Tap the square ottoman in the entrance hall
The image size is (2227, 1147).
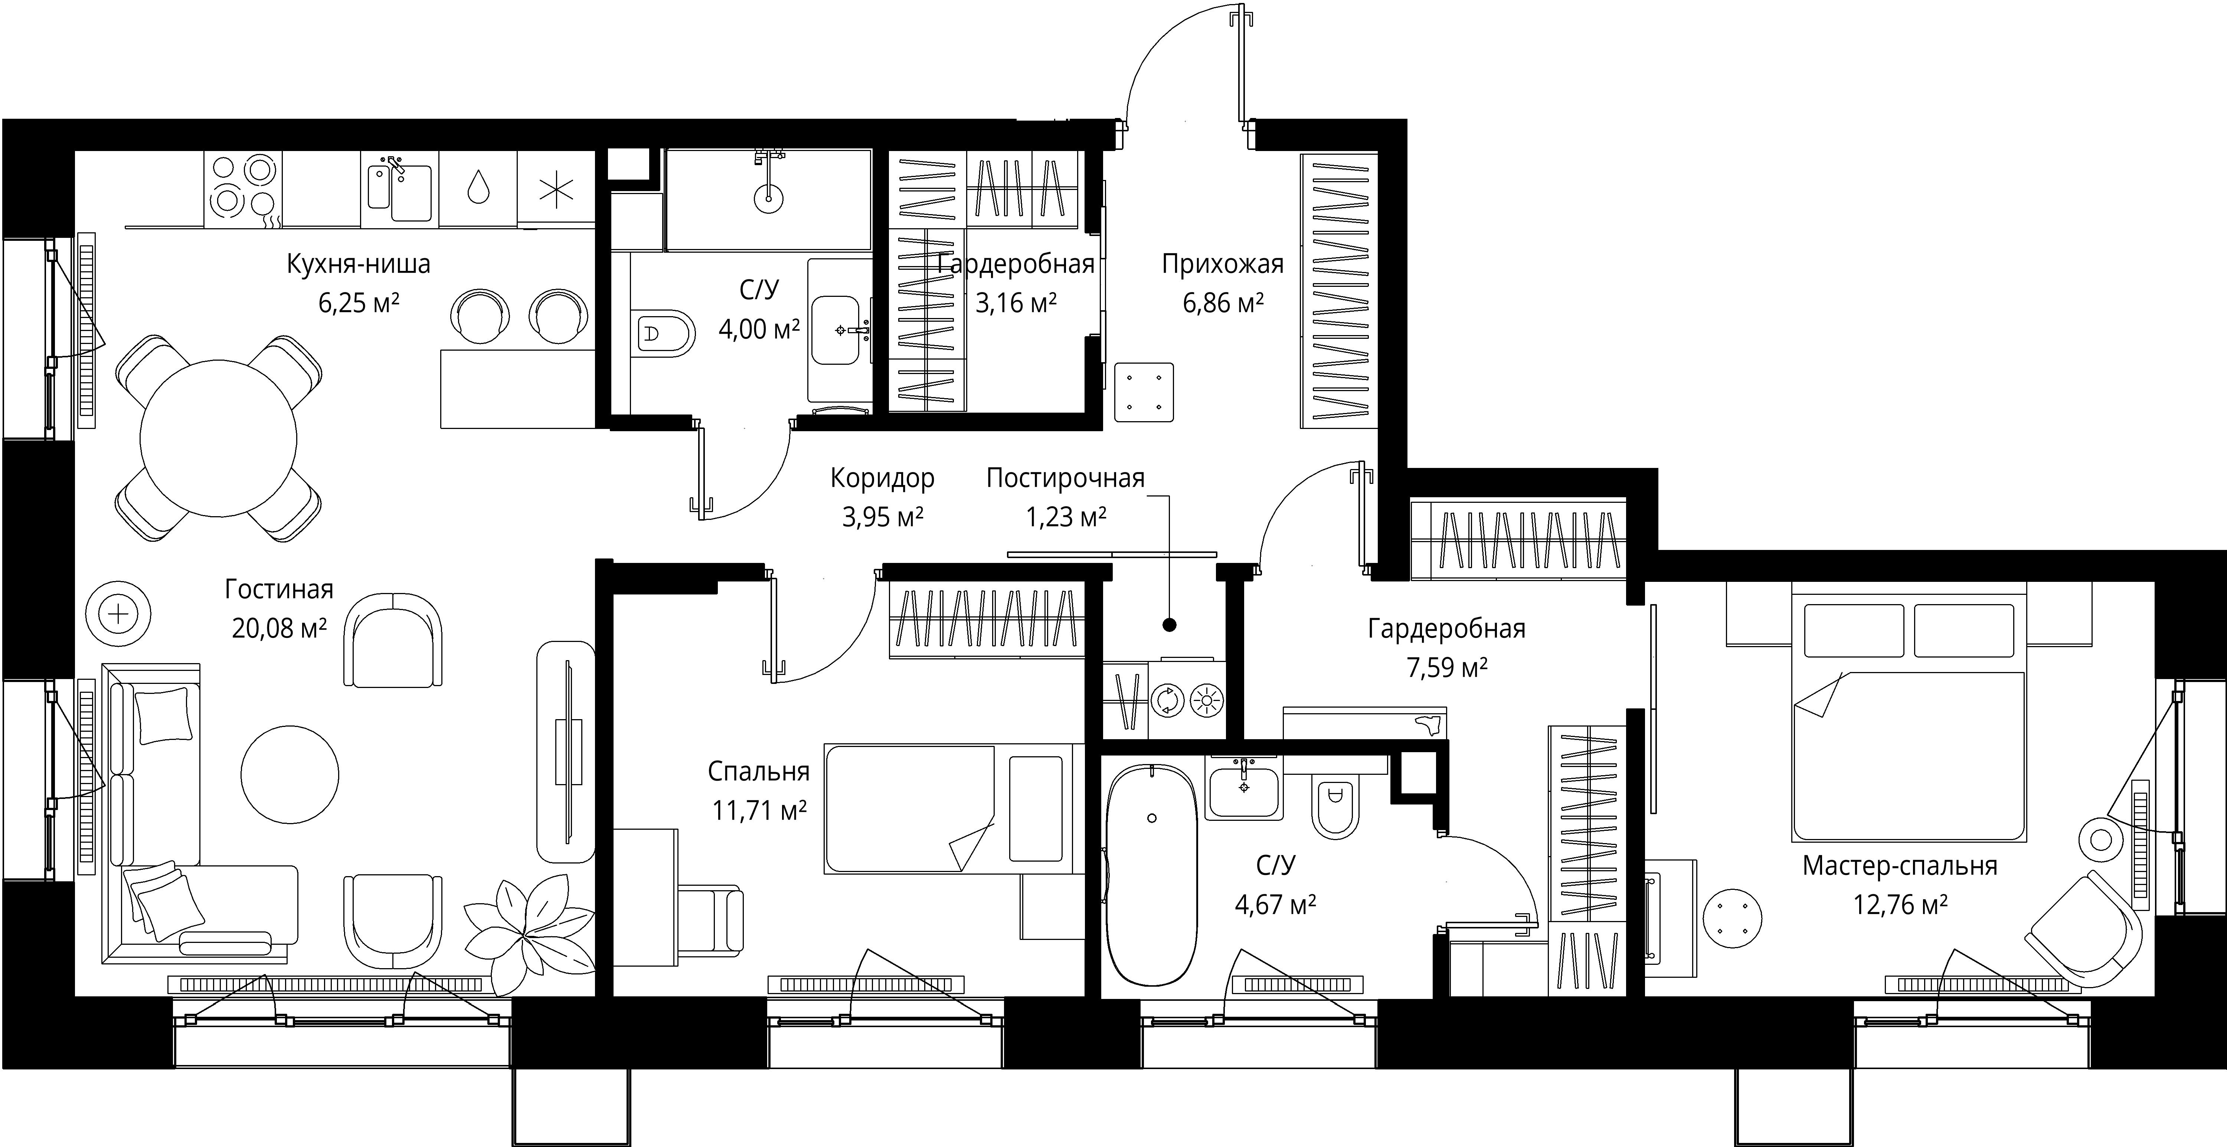1144,393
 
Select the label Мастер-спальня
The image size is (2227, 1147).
1899,865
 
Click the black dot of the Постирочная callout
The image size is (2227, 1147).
1169,624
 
